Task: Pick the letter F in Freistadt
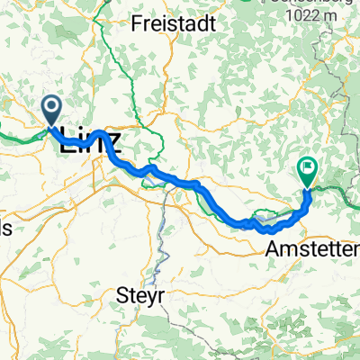coord(136,24)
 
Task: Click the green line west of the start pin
coord(18,135)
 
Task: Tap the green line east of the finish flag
coord(337,190)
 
